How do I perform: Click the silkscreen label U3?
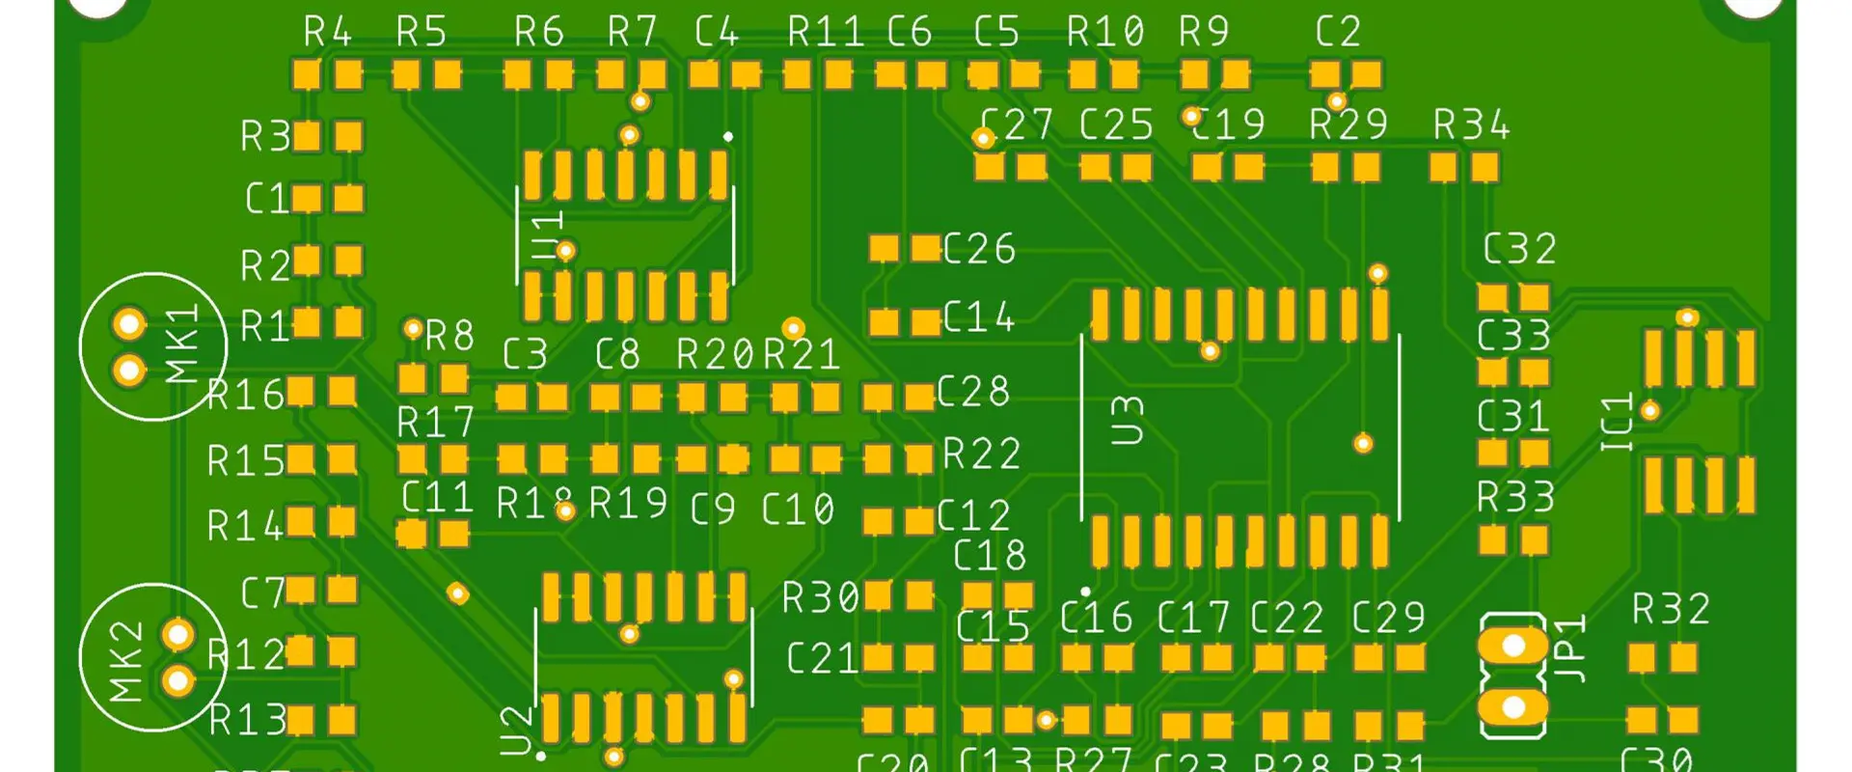[x=1126, y=420]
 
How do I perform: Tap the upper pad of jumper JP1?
[x=1512, y=645]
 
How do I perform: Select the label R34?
[x=1470, y=125]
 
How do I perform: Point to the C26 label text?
[x=978, y=249]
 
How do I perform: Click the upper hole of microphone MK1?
[x=128, y=324]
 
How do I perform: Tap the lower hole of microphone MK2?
[x=177, y=681]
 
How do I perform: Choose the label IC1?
[x=1617, y=422]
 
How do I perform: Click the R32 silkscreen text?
[x=1671, y=610]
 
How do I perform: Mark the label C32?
[x=1519, y=250]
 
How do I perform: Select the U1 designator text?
[x=547, y=236]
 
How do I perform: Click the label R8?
[x=449, y=337]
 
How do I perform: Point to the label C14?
[x=978, y=317]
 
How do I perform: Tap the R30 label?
[x=820, y=598]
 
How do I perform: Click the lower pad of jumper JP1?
[x=1512, y=707]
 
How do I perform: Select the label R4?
[x=327, y=33]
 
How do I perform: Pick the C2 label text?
[x=1338, y=33]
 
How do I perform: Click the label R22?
[x=981, y=455]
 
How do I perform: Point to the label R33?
[x=1515, y=498]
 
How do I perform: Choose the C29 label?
[x=1388, y=618]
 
